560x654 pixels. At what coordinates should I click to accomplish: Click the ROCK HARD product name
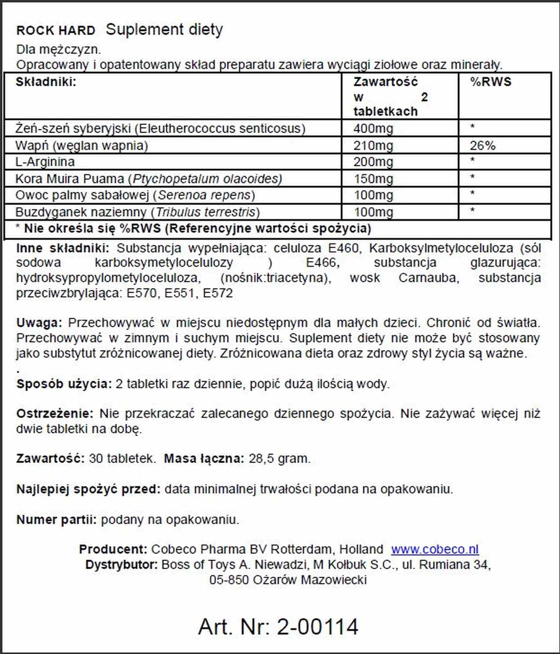[x=56, y=30]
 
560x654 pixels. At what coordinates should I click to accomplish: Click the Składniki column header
[x=46, y=82]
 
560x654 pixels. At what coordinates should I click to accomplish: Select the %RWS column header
[x=490, y=82]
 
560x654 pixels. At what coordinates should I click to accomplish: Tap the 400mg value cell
[x=373, y=129]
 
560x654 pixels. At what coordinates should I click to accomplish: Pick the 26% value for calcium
[x=482, y=146]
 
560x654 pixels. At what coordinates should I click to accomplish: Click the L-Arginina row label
[x=45, y=162]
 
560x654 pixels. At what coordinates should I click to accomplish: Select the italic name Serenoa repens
[x=204, y=195]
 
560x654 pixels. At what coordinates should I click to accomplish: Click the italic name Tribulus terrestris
[x=205, y=212]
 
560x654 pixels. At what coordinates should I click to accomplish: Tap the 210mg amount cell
[x=373, y=146]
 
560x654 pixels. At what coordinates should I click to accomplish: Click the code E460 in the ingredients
[x=343, y=248]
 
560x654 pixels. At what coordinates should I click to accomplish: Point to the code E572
[x=218, y=293]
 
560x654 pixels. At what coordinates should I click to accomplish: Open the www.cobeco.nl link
[x=435, y=549]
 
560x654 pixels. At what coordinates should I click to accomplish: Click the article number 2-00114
[x=317, y=627]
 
